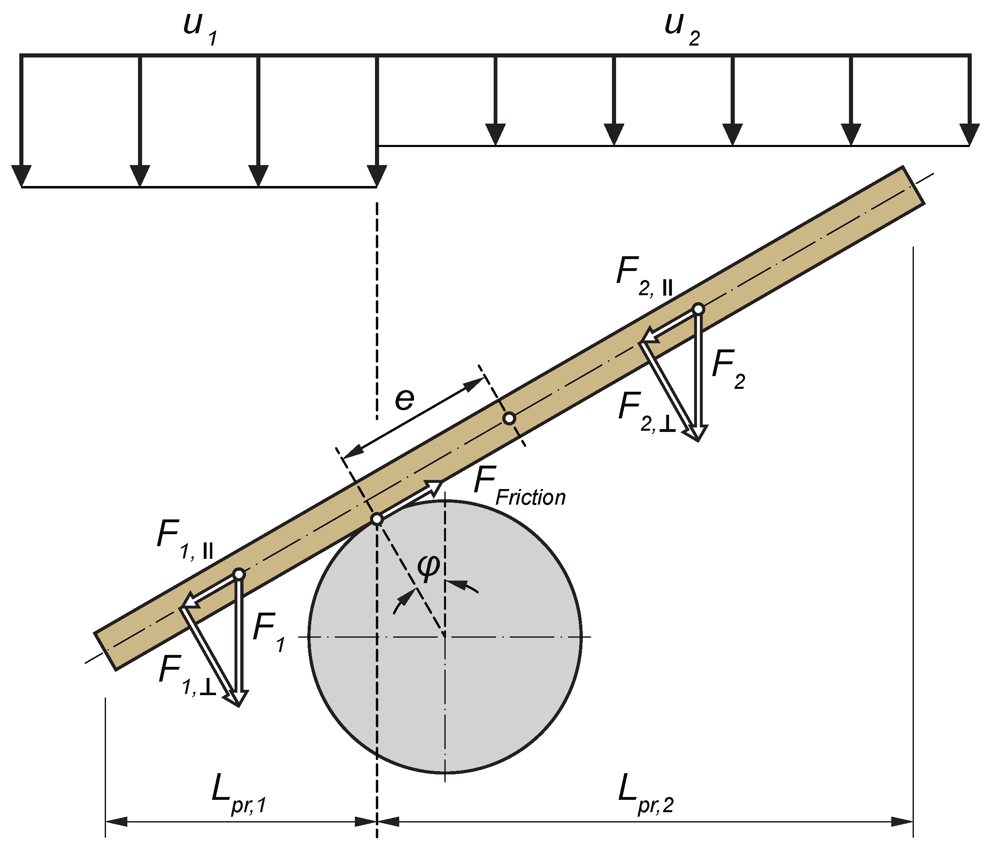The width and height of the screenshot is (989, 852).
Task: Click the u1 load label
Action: (200, 30)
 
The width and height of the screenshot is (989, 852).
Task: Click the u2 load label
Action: (682, 30)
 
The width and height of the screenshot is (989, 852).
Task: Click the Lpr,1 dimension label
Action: (239, 796)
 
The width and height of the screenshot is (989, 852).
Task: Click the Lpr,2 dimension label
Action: (645, 796)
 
